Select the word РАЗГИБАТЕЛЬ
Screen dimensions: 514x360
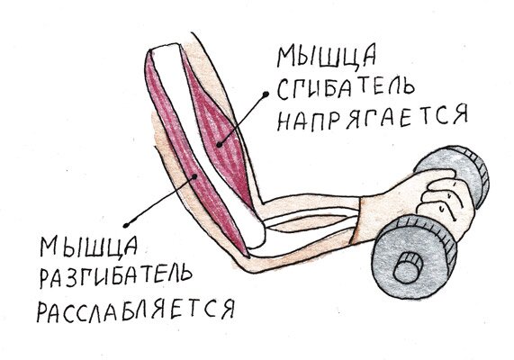tap(115, 275)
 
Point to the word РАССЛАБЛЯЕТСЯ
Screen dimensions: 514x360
tap(136, 310)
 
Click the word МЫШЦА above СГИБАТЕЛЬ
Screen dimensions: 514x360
tap(327, 57)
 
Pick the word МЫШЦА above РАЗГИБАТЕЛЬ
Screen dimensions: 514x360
tap(88, 246)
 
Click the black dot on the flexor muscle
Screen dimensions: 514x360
tap(219, 145)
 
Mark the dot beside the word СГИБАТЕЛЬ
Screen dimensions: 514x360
tap(266, 94)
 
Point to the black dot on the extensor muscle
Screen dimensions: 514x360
tap(194, 176)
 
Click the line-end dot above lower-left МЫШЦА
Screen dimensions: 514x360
tap(125, 225)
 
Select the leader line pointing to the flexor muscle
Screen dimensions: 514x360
tap(242, 120)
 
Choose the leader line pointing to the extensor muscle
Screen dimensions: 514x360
tap(160, 201)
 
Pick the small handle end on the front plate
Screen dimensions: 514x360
tap(408, 268)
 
